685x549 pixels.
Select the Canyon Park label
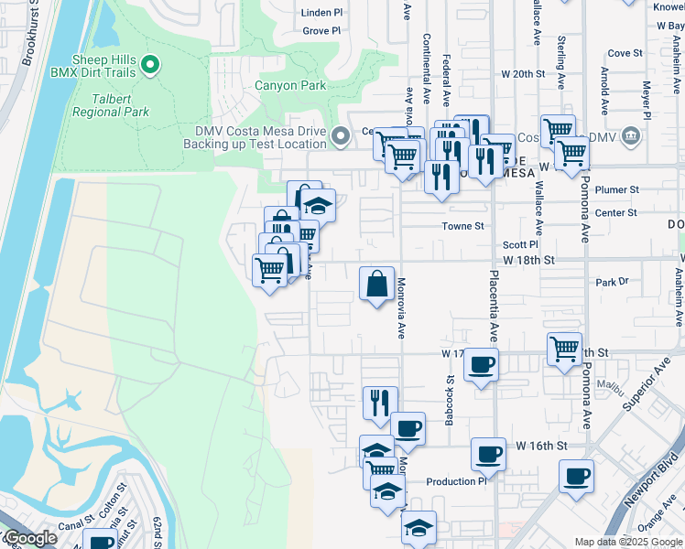pyautogui.click(x=289, y=85)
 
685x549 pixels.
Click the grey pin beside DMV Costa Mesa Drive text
pyautogui.click(x=341, y=137)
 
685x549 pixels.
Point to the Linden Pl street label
pyautogui.click(x=322, y=13)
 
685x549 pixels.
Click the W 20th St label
pyautogui.click(x=522, y=73)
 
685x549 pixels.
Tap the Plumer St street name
pyautogui.click(x=615, y=189)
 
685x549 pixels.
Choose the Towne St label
pyautogui.click(x=463, y=225)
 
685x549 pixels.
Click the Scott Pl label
pyautogui.click(x=519, y=245)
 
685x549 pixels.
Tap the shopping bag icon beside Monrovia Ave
pyautogui.click(x=376, y=285)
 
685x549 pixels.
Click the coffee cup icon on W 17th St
pyautogui.click(x=481, y=365)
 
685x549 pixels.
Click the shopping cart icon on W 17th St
pyautogui.click(x=564, y=349)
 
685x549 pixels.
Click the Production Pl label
pyautogui.click(x=456, y=481)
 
